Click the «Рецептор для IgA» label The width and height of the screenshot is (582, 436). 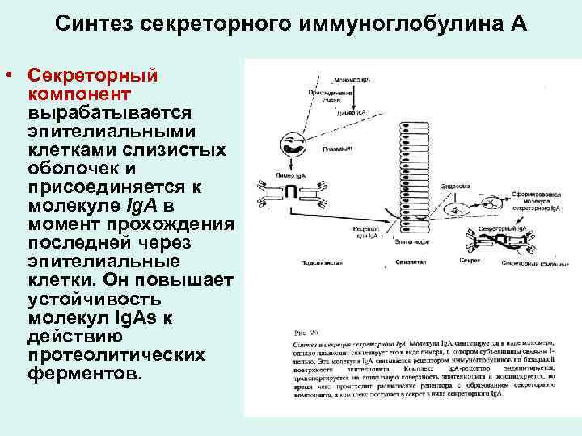click(368, 233)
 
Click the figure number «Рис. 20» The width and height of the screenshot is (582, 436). click(301, 330)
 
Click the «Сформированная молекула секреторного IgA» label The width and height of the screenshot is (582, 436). click(531, 201)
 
